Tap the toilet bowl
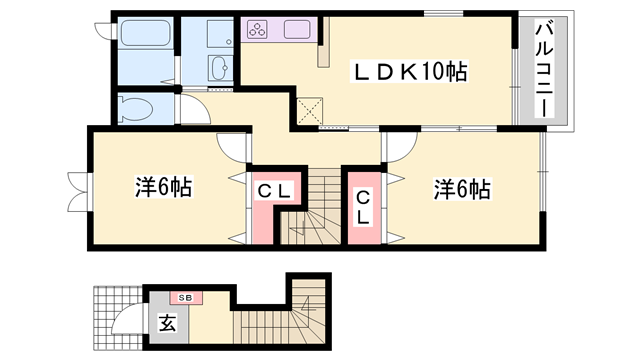point(133,107)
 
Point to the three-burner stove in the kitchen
point(257,29)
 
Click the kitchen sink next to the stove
point(296,29)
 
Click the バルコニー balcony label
point(547,70)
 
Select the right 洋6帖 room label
point(461,188)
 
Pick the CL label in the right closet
point(363,205)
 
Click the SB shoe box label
point(186,297)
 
